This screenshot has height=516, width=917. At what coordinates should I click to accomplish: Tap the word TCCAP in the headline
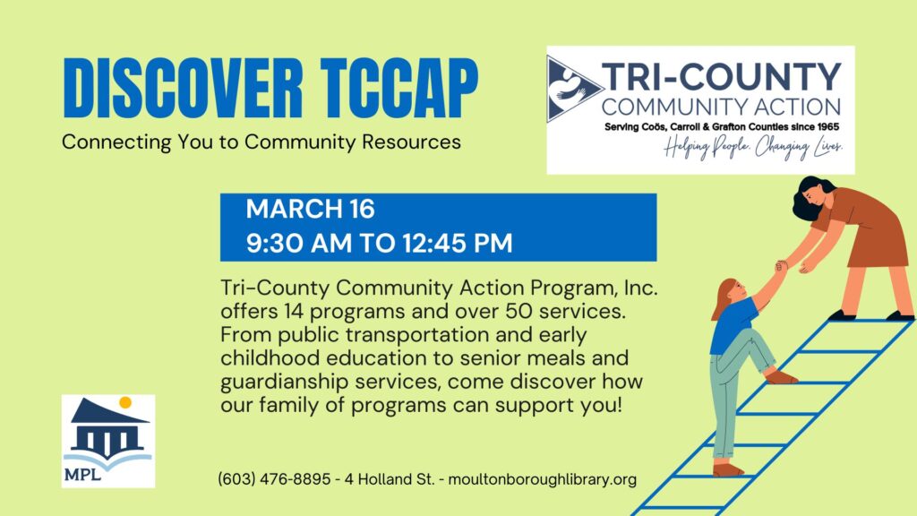399,89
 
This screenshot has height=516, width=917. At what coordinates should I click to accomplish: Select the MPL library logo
108,441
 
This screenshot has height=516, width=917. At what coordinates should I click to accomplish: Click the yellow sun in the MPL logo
125,402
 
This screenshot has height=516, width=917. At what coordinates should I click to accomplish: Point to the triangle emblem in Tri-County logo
572,89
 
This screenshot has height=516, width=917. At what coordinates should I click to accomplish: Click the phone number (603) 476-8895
274,479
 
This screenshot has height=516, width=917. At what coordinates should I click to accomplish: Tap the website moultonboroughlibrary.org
542,479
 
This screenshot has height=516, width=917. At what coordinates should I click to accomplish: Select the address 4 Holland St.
390,479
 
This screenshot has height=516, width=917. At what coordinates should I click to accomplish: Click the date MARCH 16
310,209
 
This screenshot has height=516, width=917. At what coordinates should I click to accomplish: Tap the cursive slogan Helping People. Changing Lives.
753,148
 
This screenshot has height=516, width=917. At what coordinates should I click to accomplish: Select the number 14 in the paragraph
294,311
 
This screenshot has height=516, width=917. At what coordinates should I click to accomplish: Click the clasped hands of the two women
781,266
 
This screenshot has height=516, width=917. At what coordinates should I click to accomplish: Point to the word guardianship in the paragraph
283,382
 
